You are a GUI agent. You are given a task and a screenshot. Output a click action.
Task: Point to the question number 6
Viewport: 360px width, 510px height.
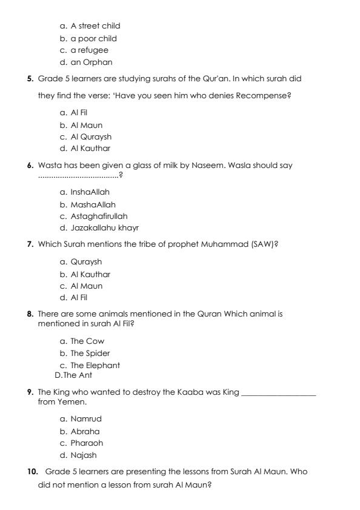30,166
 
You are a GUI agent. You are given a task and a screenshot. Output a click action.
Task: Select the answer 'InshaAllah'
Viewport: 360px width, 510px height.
90,192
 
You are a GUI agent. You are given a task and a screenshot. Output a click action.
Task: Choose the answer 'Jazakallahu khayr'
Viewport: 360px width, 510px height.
104,229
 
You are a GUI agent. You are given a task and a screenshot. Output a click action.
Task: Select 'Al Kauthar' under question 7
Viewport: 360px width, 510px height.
90,275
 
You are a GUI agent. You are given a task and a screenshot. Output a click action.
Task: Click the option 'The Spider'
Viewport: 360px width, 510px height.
90,354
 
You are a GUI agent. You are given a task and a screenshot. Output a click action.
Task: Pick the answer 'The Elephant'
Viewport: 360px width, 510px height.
95,366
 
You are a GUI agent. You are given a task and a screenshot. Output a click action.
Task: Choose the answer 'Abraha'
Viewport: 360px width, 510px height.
85,432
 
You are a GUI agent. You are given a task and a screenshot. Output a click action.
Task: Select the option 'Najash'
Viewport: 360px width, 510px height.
83,455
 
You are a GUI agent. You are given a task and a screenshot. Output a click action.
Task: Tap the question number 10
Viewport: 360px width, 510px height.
33,472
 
